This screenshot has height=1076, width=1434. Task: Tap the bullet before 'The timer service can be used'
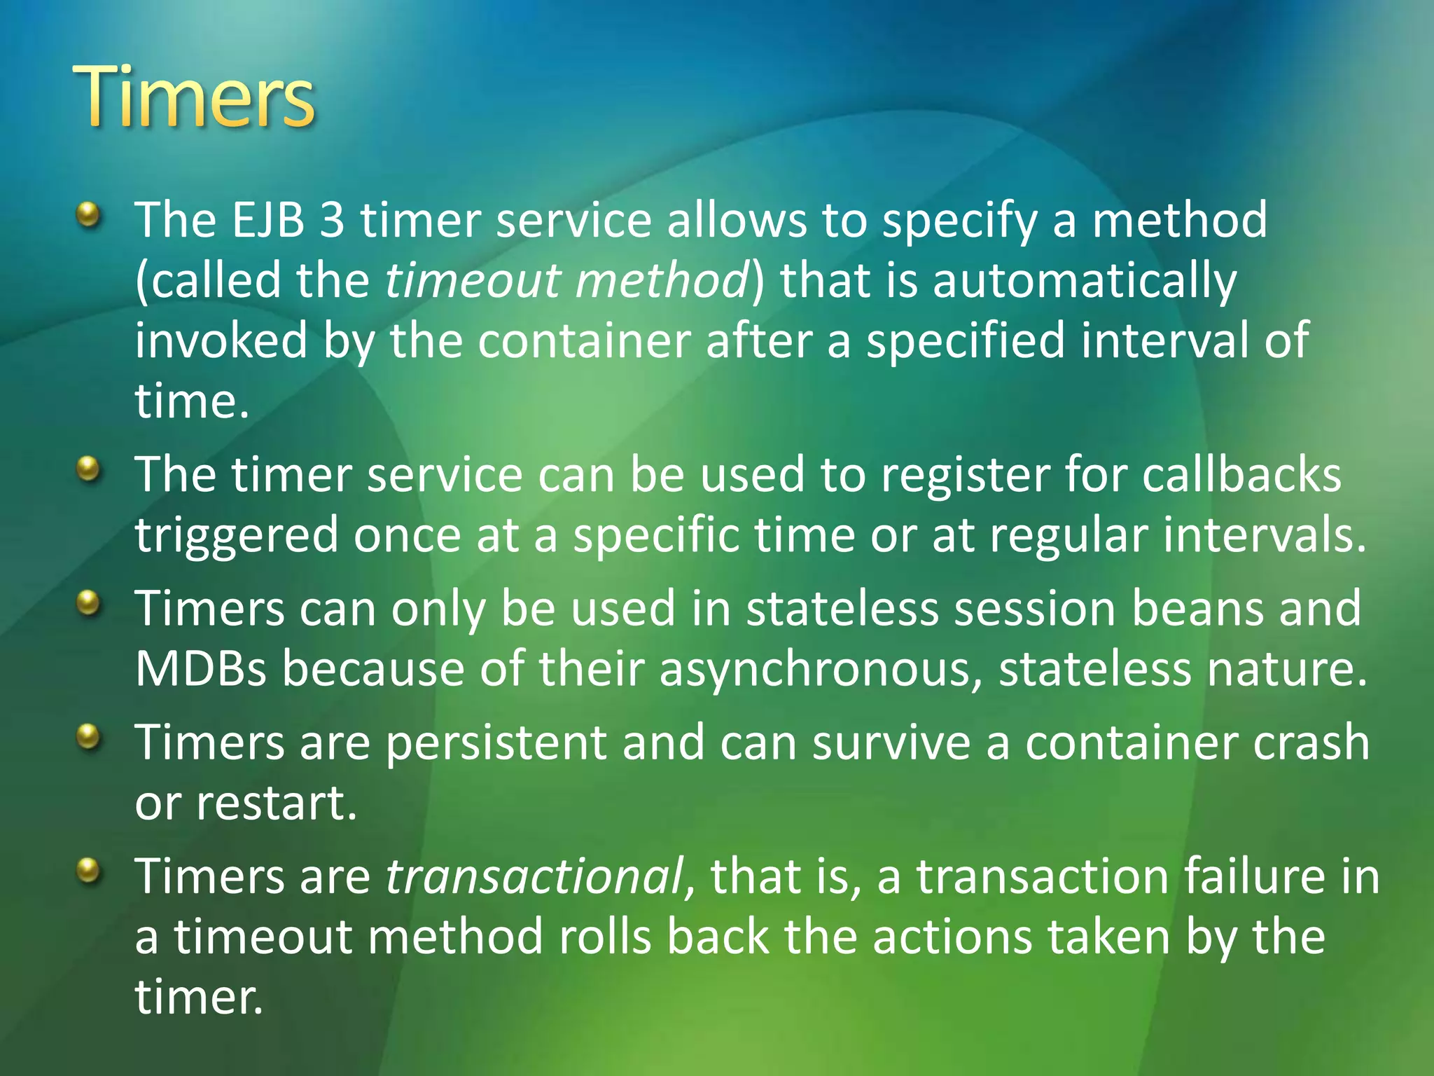point(88,470)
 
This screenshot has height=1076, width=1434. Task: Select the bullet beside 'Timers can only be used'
point(88,603)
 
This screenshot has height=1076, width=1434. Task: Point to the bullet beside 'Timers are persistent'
point(88,738)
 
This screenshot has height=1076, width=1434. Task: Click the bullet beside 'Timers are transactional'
point(88,871)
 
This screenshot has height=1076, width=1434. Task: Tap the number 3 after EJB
point(332,220)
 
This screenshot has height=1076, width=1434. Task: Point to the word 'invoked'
point(221,340)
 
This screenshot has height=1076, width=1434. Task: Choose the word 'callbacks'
point(1241,475)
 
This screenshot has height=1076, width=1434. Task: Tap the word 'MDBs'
point(201,668)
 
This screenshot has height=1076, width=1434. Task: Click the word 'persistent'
point(496,743)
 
